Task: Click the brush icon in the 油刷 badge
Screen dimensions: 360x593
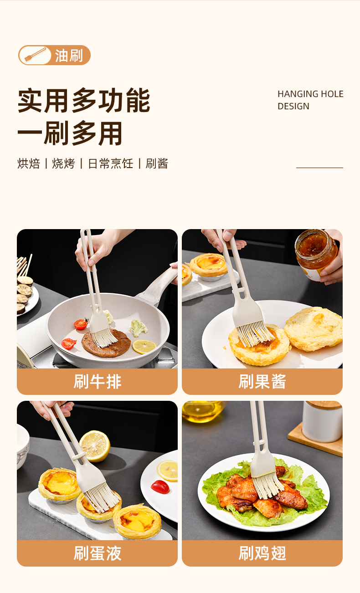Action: tap(35, 55)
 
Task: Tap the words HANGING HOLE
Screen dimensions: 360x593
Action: tap(310, 94)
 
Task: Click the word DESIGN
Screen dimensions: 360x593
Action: tap(293, 107)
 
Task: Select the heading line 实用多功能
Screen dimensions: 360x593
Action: tap(84, 100)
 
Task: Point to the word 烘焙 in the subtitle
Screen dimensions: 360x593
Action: tap(29, 164)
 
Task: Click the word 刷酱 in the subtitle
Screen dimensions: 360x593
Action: tap(157, 164)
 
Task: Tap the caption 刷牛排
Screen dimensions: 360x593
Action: tap(97, 382)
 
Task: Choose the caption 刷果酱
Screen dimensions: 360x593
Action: tap(262, 382)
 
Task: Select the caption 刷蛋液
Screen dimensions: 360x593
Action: tap(97, 553)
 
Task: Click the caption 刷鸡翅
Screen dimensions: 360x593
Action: tap(262, 553)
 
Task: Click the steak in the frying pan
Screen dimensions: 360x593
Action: tap(106, 343)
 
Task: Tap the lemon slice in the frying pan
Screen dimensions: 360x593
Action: tap(144, 347)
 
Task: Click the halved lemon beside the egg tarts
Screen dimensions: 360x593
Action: tap(95, 446)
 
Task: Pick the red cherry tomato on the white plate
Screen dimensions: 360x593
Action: tap(160, 487)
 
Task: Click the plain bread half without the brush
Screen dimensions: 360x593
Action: tap(314, 328)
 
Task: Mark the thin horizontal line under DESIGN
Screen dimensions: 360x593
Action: tap(319, 168)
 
